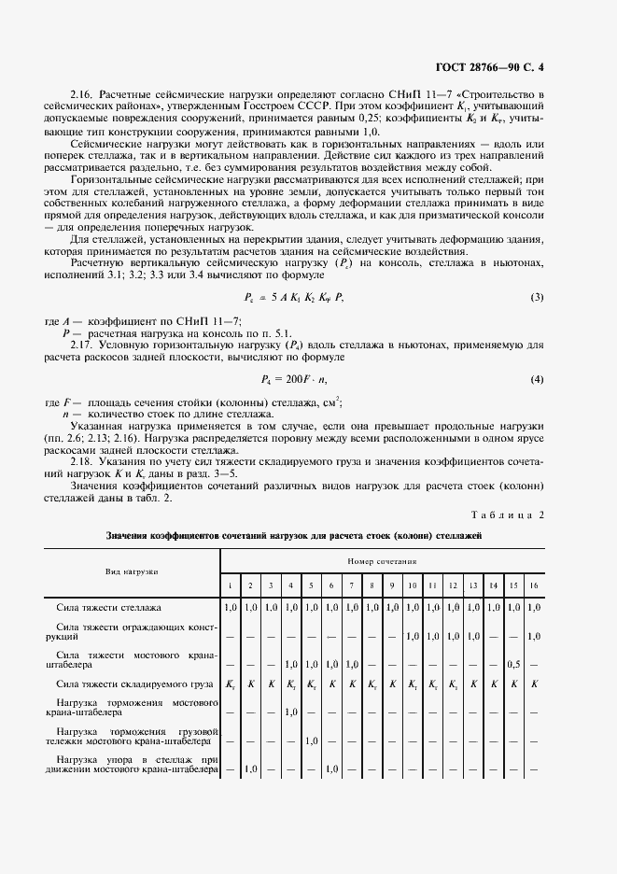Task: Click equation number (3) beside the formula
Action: click(537, 297)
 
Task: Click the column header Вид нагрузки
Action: click(132, 570)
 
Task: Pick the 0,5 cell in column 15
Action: click(513, 664)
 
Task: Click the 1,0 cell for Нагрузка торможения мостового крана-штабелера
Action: click(290, 712)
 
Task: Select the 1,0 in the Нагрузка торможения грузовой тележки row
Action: click(311, 741)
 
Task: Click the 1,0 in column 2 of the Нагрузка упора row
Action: click(250, 769)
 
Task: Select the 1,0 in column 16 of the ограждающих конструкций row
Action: click(534, 636)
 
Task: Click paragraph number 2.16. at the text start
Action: click(84, 95)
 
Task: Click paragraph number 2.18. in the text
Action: click(84, 461)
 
